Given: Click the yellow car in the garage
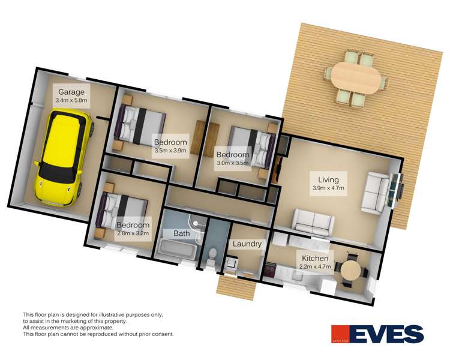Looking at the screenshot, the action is pyautogui.click(x=64, y=158).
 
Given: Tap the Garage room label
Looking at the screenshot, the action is pyautogui.click(x=71, y=92).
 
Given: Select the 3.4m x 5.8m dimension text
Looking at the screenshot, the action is pyautogui.click(x=71, y=100).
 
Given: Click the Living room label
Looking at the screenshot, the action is pyautogui.click(x=328, y=180).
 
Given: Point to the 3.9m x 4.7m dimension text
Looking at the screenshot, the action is pyautogui.click(x=328, y=188).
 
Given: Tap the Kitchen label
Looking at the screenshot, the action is pyautogui.click(x=315, y=259).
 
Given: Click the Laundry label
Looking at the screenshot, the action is pyautogui.click(x=247, y=244).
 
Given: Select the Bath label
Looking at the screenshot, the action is pyautogui.click(x=182, y=233).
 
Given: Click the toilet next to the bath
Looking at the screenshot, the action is pyautogui.click(x=212, y=256).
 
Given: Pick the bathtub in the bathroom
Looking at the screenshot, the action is pyautogui.click(x=177, y=248).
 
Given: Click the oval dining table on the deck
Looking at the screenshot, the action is pyautogui.click(x=356, y=77).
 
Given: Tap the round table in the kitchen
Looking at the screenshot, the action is pyautogui.click(x=351, y=270).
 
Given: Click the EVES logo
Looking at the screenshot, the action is pyautogui.click(x=377, y=334).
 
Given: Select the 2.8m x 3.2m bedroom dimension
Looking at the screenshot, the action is pyautogui.click(x=133, y=233).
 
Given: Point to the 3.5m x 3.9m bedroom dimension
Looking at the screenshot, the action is pyautogui.click(x=170, y=150).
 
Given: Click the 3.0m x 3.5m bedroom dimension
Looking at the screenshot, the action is pyautogui.click(x=233, y=163).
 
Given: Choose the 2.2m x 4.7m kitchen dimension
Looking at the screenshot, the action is pyautogui.click(x=315, y=266).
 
